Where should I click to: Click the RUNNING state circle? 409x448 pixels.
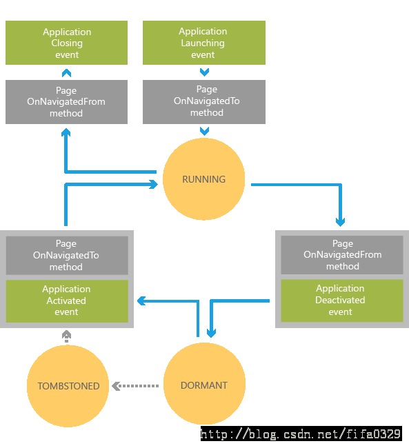tap(203, 179)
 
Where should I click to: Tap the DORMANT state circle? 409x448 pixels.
tap(204, 384)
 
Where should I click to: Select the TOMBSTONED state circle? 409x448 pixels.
tap(68, 386)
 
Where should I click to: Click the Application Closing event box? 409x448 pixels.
tap(66, 43)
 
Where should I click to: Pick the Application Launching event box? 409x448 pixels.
tap(204, 43)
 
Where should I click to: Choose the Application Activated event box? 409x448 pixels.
tap(67, 301)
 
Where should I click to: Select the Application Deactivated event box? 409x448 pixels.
tap(342, 301)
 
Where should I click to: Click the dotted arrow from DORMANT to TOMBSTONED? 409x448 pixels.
tap(135, 386)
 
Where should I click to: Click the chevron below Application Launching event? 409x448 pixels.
tap(204, 72)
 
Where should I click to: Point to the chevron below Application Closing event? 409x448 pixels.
tap(66, 73)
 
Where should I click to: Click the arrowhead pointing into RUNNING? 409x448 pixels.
tap(154, 184)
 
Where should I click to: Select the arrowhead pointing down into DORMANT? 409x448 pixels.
tap(211, 333)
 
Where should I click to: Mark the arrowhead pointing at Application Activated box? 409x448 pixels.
tap(141, 301)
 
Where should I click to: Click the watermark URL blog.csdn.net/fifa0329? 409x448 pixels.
tap(301, 434)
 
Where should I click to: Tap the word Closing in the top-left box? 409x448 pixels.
tap(67, 43)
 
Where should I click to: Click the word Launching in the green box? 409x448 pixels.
tap(203, 43)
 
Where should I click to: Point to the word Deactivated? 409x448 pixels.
tap(340, 300)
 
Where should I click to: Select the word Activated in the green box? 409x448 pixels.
tap(66, 301)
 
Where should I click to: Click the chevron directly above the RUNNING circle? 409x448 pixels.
tap(204, 131)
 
